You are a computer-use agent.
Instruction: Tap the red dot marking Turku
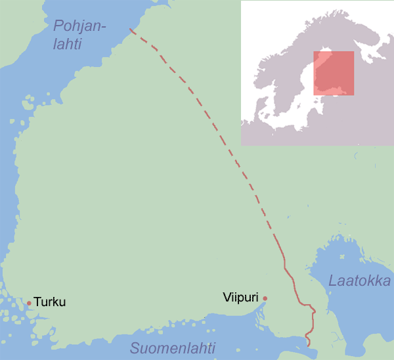pos(29,303)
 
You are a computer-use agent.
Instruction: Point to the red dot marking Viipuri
pos(265,298)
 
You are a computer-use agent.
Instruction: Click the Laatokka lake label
pos(359,282)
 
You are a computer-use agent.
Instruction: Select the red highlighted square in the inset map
pos(334,73)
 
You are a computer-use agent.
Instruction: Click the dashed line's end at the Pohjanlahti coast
pos(131,30)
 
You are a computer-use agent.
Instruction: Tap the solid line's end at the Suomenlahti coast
pos(309,343)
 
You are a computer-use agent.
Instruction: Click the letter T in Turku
pos(37,303)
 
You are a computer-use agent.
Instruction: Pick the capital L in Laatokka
pos(333,282)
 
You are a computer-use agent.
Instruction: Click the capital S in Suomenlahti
pos(134,348)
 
